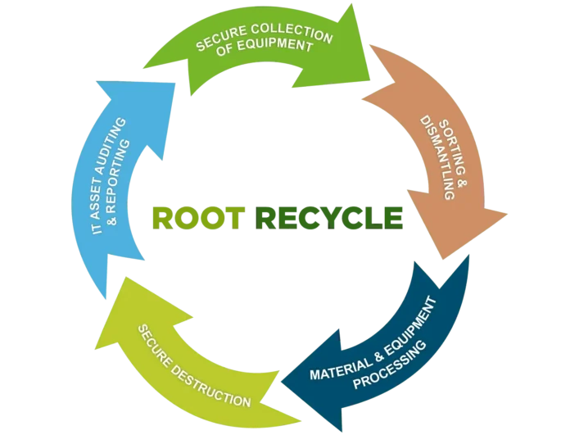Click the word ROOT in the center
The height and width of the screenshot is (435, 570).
click(x=199, y=217)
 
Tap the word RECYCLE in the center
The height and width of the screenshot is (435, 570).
click(x=329, y=217)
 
